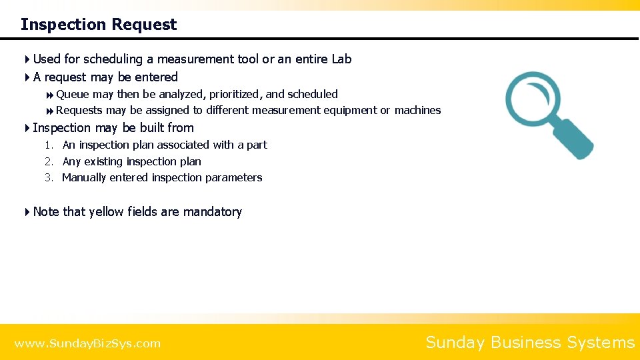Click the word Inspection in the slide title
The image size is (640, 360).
(x=63, y=25)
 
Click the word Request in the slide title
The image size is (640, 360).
(x=145, y=25)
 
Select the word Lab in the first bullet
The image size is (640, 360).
(x=341, y=59)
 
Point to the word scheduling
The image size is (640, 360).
(x=114, y=59)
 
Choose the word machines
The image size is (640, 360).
(x=417, y=111)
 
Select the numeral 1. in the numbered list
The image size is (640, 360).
(x=49, y=145)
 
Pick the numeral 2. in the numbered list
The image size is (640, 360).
(x=49, y=162)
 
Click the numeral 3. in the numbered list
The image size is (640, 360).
(x=49, y=178)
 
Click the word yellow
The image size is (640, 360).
(x=105, y=212)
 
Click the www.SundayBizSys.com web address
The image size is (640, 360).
(x=87, y=344)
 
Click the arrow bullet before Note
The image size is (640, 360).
(x=27, y=212)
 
